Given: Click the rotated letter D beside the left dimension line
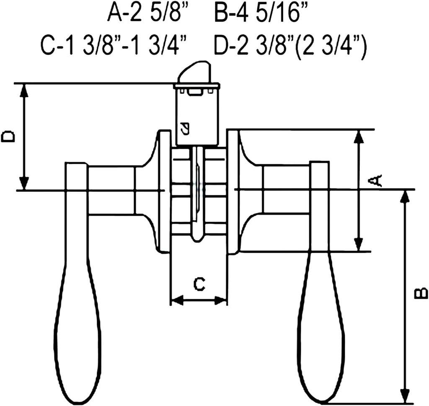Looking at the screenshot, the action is point(8,137).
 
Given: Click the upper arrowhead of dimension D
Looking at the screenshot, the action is point(24,90).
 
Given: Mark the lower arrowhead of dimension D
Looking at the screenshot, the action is point(24,183).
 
